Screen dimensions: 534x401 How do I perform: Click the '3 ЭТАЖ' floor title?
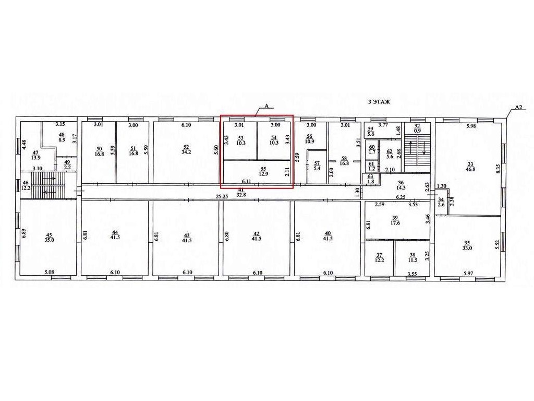pyautogui.click(x=380, y=101)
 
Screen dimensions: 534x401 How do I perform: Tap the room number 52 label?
pyautogui.click(x=186, y=147)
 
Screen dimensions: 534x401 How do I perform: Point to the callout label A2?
pyautogui.click(x=518, y=107)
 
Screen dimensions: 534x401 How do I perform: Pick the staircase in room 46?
pyautogui.click(x=47, y=185)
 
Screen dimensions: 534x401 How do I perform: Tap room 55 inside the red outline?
pyautogui.click(x=263, y=171)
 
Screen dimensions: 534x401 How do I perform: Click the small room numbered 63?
pyautogui.click(x=371, y=179)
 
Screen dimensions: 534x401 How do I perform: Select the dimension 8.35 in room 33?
pyautogui.click(x=497, y=169)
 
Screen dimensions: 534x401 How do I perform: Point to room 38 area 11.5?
pyautogui.click(x=413, y=257)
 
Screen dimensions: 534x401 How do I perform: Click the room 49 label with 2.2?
pyautogui.click(x=67, y=164)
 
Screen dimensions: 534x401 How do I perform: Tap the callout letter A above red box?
pyautogui.click(x=267, y=106)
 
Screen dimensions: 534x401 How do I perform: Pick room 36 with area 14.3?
pyautogui.click(x=401, y=185)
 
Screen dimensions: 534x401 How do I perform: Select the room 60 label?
pyautogui.click(x=372, y=149)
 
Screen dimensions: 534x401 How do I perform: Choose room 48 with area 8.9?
pyautogui.click(x=62, y=137)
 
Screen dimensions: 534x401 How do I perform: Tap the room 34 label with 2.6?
pyautogui.click(x=441, y=202)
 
